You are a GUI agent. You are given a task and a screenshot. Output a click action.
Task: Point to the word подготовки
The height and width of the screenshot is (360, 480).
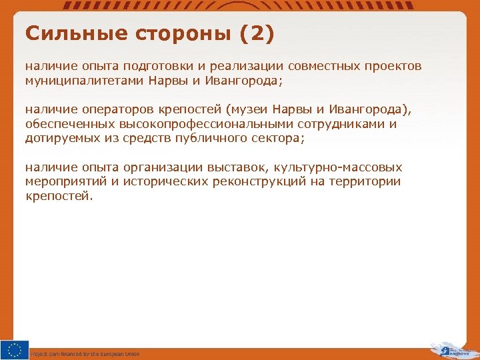click(x=171, y=67)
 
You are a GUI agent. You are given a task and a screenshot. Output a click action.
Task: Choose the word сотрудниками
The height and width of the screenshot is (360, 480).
click(x=346, y=124)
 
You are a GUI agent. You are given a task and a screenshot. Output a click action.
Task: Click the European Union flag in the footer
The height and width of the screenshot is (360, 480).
click(x=15, y=349)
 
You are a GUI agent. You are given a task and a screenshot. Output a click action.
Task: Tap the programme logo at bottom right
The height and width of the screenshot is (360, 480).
click(x=453, y=349)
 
